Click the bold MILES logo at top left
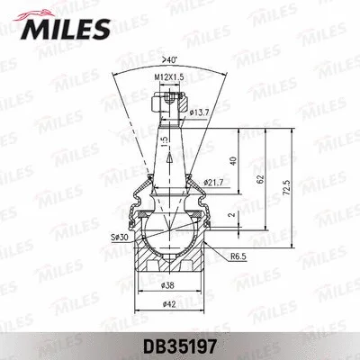[x=65, y=29]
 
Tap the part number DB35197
[x=180, y=347]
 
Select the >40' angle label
[x=168, y=60]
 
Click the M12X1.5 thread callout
[x=169, y=77]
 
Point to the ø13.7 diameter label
[x=199, y=112]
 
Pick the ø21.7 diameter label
[x=213, y=183]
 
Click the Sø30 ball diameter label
[x=120, y=237]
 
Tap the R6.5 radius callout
[x=238, y=256]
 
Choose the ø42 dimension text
[x=168, y=304]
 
